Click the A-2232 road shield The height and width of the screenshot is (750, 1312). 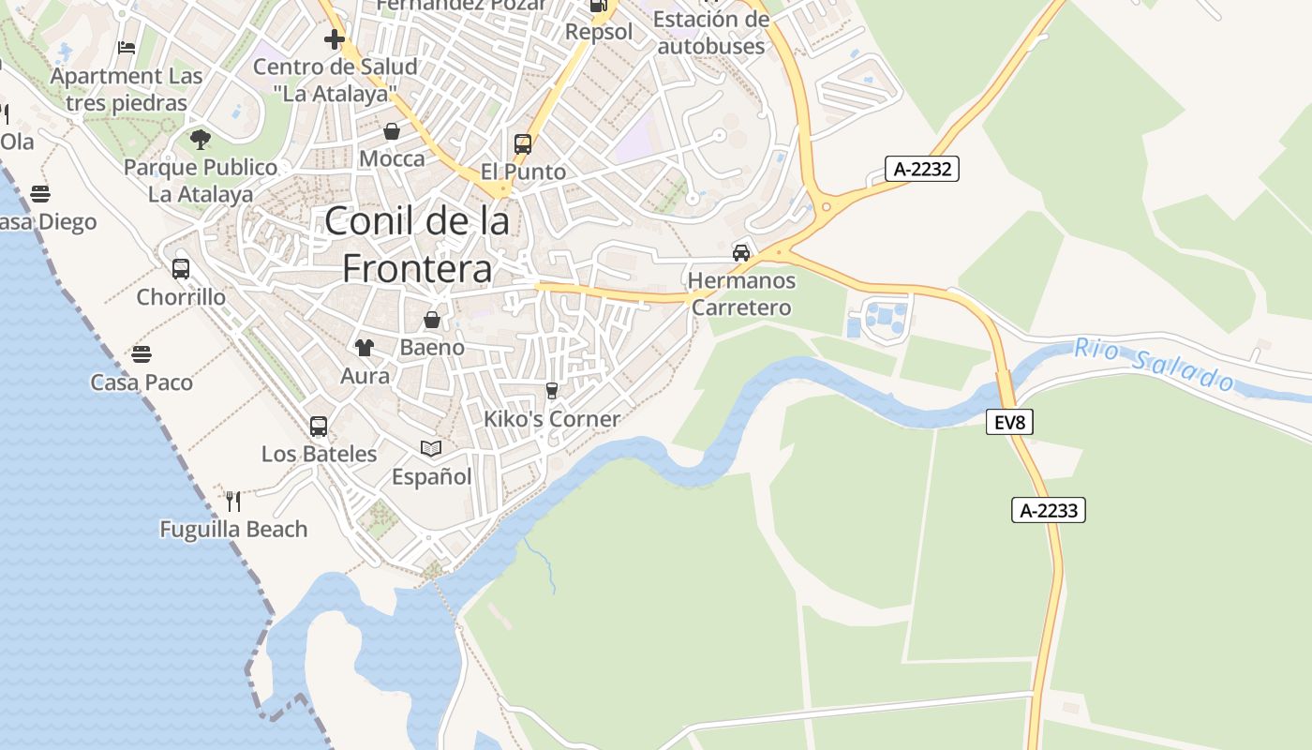(922, 169)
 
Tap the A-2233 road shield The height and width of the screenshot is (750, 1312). (1049, 510)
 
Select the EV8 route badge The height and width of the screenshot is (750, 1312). (1009, 423)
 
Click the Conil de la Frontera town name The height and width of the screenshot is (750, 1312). (417, 245)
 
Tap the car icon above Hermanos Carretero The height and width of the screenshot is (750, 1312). (741, 252)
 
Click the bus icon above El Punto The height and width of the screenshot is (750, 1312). (523, 144)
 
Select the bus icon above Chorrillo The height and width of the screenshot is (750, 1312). (181, 269)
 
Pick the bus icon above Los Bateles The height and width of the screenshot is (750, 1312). (319, 427)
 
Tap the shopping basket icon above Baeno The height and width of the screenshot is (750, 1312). (432, 320)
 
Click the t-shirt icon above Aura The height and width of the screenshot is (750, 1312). (365, 348)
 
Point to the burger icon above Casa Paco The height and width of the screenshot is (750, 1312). (142, 354)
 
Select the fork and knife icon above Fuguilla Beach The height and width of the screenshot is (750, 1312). (233, 502)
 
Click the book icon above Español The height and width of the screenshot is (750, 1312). (431, 449)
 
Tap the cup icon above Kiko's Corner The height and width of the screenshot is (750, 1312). (551, 391)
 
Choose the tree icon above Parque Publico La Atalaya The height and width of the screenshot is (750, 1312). (201, 140)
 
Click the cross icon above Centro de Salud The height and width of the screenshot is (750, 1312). (335, 39)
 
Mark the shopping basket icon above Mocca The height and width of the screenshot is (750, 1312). (392, 131)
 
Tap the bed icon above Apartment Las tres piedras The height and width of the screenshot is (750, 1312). (127, 48)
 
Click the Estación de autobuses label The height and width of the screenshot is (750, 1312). (710, 32)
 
